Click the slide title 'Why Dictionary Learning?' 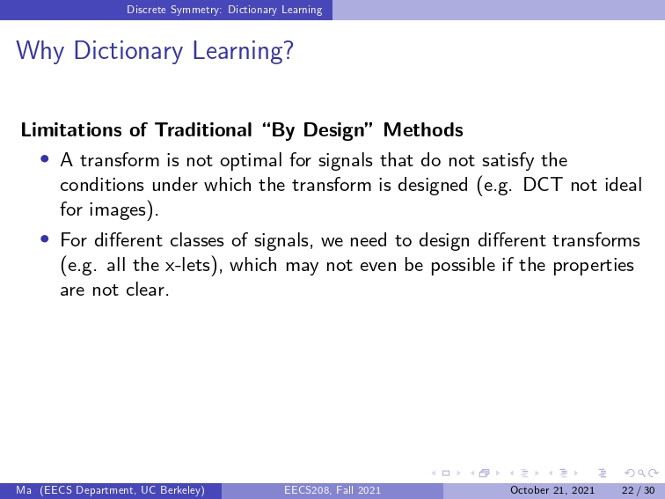[155, 51]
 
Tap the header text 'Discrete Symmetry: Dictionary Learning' [224, 10]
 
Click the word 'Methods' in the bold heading [423, 130]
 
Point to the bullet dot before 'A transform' [45, 158]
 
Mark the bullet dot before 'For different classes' [45, 238]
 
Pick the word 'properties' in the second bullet [594, 266]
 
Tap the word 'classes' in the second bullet [197, 240]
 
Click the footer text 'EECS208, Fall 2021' [332, 490]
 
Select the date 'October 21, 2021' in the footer [552, 490]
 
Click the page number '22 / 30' [639, 490]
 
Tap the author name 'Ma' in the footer [24, 490]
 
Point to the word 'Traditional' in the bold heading [203, 130]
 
